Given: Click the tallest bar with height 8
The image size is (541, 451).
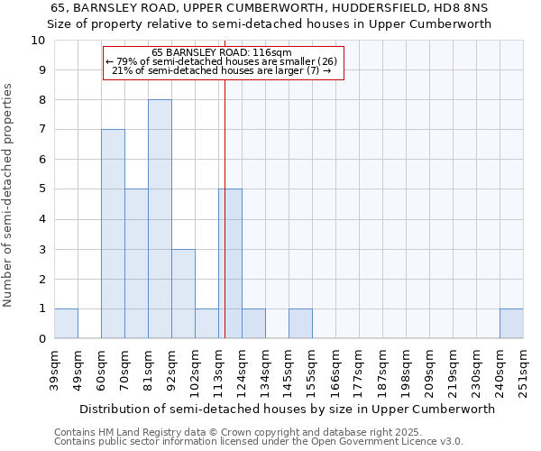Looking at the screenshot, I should pyautogui.click(x=160, y=219).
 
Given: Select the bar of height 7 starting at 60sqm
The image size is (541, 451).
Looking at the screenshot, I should pyautogui.click(x=113, y=234).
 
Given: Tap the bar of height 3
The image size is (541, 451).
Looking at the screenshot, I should pyautogui.click(x=183, y=294).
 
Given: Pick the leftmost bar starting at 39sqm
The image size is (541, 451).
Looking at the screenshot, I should pyautogui.click(x=66, y=324).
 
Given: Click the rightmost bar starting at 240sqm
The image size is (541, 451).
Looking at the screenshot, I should pyautogui.click(x=511, y=324).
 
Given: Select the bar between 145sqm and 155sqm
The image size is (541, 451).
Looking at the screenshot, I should pyautogui.click(x=300, y=324).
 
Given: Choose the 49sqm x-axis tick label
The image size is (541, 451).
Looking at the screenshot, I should pyautogui.click(x=78, y=370).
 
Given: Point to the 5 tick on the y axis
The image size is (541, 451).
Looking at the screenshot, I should pyautogui.click(x=41, y=189).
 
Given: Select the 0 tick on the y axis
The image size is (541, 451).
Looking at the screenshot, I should pyautogui.click(x=41, y=339).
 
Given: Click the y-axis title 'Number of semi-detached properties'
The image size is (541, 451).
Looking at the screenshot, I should pyautogui.click(x=8, y=196).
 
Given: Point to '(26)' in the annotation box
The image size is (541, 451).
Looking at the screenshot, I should pyautogui.click(x=326, y=61).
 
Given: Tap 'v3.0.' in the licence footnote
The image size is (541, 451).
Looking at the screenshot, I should pyautogui.click(x=450, y=442).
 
